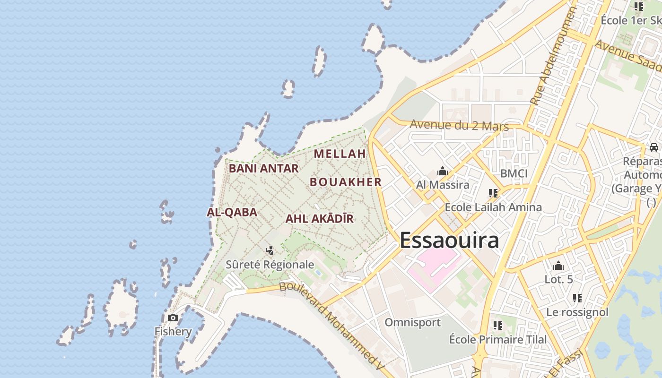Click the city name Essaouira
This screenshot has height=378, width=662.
(x=449, y=240)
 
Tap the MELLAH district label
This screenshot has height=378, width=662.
(x=340, y=154)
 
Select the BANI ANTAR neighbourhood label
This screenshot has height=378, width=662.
(x=264, y=168)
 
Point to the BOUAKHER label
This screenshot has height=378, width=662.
(x=346, y=182)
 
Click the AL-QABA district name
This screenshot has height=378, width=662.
(x=232, y=212)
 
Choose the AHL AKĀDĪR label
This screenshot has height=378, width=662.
(x=319, y=219)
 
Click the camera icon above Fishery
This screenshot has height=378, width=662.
(x=173, y=318)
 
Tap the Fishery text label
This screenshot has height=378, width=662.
(x=173, y=331)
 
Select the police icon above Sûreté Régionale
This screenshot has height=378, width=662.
(x=270, y=250)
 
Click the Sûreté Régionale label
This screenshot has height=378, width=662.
(x=270, y=264)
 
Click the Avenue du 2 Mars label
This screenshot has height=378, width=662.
(x=459, y=125)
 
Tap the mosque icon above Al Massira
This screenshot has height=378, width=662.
(x=443, y=171)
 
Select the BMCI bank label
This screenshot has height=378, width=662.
(x=514, y=173)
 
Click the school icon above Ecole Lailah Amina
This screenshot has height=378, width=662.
(x=493, y=193)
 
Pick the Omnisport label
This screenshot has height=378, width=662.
(x=412, y=322)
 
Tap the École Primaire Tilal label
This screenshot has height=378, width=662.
(x=497, y=339)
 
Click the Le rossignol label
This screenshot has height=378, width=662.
(x=577, y=312)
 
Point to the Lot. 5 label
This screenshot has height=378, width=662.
(x=558, y=279)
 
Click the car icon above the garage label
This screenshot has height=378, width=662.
(x=653, y=147)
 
